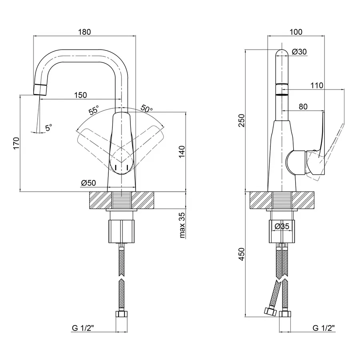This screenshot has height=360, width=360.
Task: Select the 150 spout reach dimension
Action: click(80, 95)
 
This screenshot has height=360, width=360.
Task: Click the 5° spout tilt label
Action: click(48, 128)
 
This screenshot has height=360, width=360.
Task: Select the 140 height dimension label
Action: click(182, 152)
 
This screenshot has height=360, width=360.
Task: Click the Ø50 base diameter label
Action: click(88, 183)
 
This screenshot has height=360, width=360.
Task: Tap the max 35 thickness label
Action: click(182, 226)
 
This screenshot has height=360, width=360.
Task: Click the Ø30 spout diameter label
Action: click(299, 52)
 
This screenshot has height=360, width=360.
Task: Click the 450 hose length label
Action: click(241, 254)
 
